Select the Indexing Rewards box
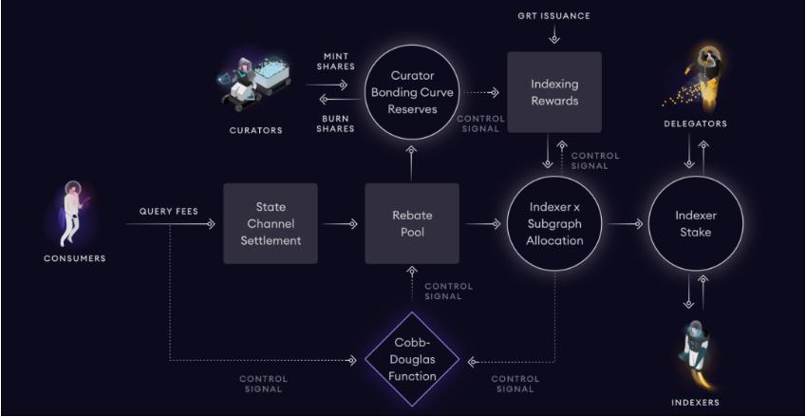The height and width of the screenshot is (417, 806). [554, 92]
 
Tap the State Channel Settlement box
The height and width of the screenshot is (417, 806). [271, 224]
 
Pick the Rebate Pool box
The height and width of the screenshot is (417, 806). [412, 224]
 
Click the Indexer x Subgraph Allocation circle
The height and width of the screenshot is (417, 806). [554, 224]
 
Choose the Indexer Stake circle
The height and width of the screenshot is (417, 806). [696, 224]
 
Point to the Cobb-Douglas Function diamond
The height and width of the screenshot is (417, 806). [412, 359]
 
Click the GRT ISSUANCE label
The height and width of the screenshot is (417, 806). [554, 16]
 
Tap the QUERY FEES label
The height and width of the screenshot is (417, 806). [168, 211]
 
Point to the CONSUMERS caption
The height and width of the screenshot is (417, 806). [74, 257]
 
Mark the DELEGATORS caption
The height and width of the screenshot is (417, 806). [696, 123]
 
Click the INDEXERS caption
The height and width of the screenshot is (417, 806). [696, 402]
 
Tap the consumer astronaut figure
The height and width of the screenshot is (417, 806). [72, 207]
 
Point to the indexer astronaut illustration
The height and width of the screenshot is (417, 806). [696, 351]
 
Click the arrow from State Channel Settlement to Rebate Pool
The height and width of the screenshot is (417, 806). [341, 224]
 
